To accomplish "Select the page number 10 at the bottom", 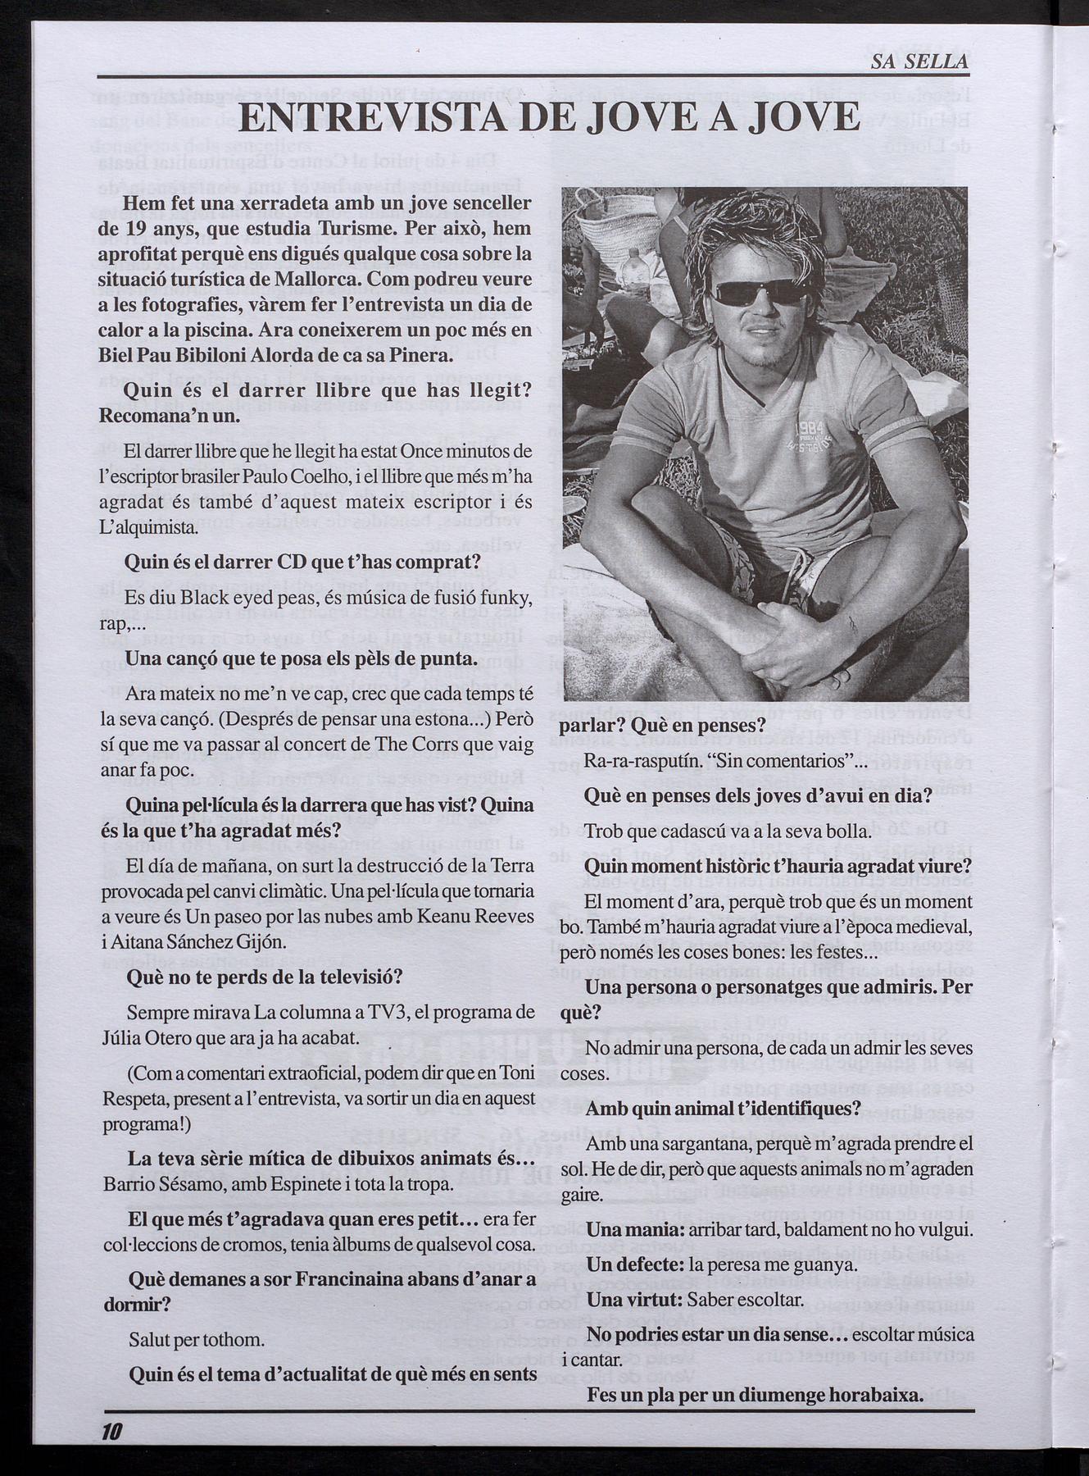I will (111, 1431).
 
